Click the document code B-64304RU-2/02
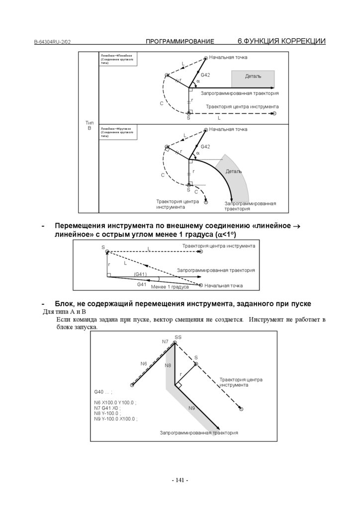click(52, 42)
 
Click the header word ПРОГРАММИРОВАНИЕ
click(180, 42)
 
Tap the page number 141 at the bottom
click(180, 480)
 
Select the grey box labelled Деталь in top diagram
click(253, 77)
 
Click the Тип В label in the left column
click(90, 125)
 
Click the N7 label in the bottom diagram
click(165, 341)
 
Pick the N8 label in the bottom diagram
click(168, 365)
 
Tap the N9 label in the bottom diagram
click(191, 408)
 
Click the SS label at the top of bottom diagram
click(178, 337)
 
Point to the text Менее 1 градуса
click(170, 287)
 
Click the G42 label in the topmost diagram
click(205, 75)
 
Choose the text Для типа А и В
click(64, 312)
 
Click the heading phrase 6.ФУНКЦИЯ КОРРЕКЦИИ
click(281, 41)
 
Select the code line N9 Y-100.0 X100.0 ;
click(116, 419)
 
